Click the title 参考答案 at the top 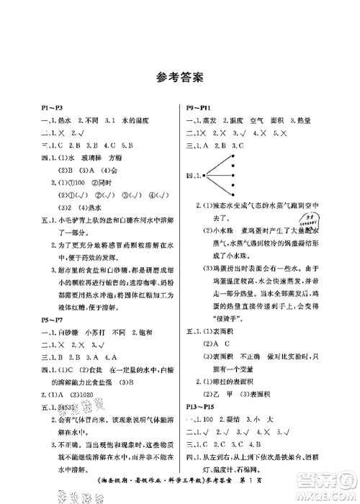tap(179, 75)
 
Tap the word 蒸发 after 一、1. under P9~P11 tap(212, 120)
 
